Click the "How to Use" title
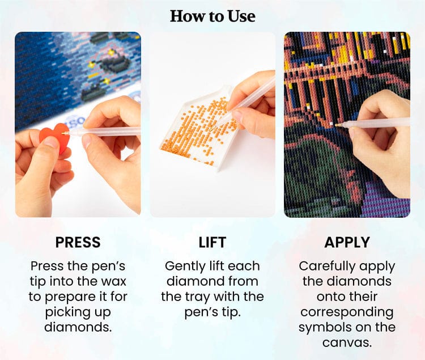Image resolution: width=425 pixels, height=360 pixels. click(x=212, y=16)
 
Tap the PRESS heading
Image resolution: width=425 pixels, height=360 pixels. click(x=78, y=242)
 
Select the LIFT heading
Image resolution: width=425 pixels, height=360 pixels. click(x=212, y=242)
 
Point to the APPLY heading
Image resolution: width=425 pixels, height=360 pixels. click(x=347, y=242)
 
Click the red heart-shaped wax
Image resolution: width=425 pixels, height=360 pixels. click(x=56, y=137)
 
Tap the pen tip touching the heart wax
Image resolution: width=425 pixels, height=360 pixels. click(x=63, y=133)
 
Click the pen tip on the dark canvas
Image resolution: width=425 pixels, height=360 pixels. click(x=337, y=125)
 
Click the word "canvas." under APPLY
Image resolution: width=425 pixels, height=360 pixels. click(x=347, y=342)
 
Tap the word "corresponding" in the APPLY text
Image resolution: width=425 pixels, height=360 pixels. click(x=347, y=312)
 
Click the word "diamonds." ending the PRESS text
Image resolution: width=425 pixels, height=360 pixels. click(x=78, y=328)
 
